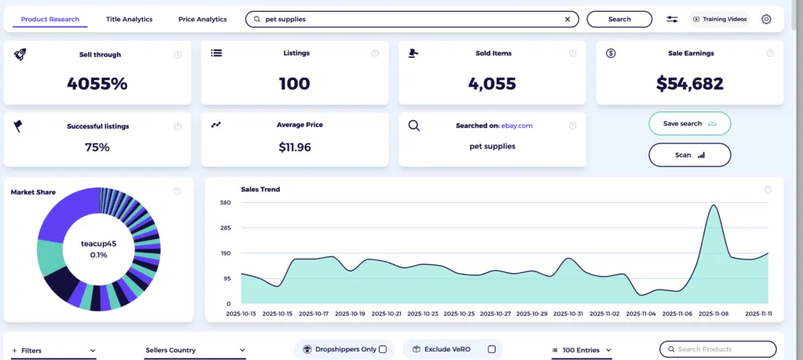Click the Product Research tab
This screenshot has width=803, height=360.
coord(49,19)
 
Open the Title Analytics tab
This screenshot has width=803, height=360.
coord(129,19)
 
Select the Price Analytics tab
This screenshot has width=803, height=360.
coord(202,19)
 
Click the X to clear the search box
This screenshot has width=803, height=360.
coord(568,19)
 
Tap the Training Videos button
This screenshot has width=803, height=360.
coord(720,19)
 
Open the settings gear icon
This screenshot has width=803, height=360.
coord(766,19)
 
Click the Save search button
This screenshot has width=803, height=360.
coord(689,124)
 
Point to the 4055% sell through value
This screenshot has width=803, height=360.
coord(97,84)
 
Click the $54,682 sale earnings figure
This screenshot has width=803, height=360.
coord(689,84)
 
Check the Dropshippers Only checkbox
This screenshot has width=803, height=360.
coord(383,349)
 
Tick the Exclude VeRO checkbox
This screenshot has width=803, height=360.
coord(492,349)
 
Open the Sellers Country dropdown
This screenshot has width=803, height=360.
coord(195,350)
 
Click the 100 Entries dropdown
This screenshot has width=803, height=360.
coord(582,350)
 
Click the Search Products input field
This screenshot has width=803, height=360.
coord(721,349)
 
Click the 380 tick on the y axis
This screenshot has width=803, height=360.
coord(225,203)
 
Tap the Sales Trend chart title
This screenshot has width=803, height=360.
coord(260,189)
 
